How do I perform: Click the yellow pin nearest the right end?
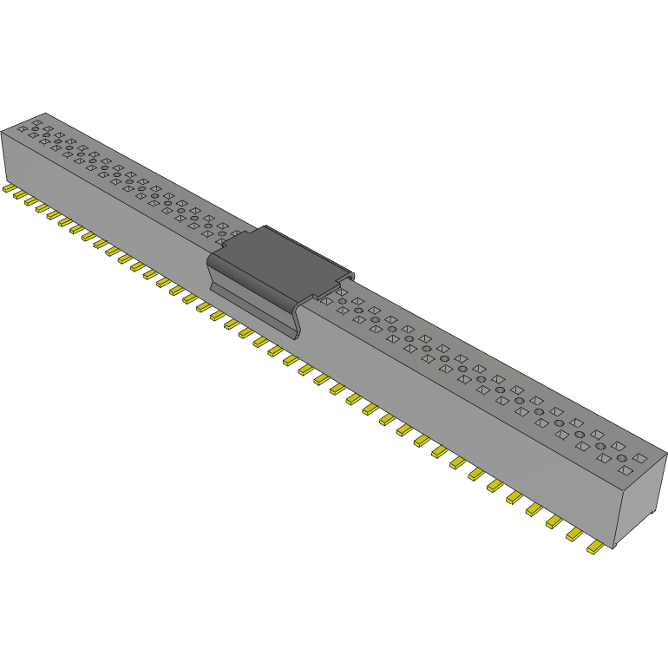(x=595, y=548)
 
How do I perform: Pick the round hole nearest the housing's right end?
(x=622, y=456)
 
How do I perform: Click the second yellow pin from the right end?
(x=574, y=535)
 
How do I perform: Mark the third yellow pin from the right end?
(x=553, y=522)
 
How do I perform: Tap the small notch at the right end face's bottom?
(x=647, y=517)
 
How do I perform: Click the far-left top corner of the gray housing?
(x=3, y=130)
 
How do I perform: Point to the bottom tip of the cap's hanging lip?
(x=294, y=335)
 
